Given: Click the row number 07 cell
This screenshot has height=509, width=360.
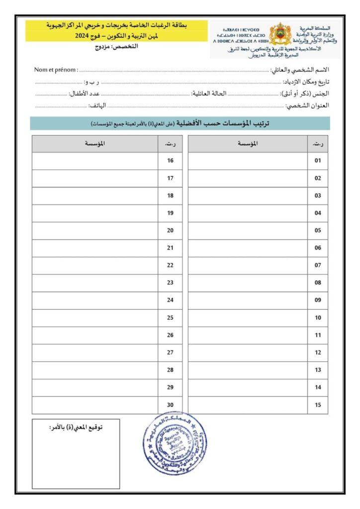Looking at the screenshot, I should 318,265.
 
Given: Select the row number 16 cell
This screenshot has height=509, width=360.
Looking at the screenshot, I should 170,161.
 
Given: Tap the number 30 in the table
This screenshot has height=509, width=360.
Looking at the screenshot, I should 170,405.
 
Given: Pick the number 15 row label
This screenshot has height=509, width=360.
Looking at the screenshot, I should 318,405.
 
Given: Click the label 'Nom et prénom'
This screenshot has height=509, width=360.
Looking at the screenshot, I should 56,69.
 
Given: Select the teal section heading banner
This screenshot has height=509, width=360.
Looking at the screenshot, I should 180,123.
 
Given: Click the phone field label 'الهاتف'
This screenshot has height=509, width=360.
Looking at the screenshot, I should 97,105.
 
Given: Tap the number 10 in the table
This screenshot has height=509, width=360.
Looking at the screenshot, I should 318,317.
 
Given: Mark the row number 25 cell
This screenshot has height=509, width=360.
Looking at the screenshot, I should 170,317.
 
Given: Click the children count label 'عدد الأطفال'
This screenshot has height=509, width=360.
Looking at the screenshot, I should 85,93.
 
